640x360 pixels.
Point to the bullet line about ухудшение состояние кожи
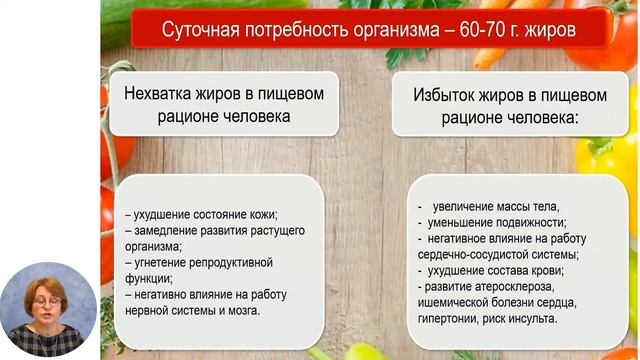point(200,214)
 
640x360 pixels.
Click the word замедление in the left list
point(165,230)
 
